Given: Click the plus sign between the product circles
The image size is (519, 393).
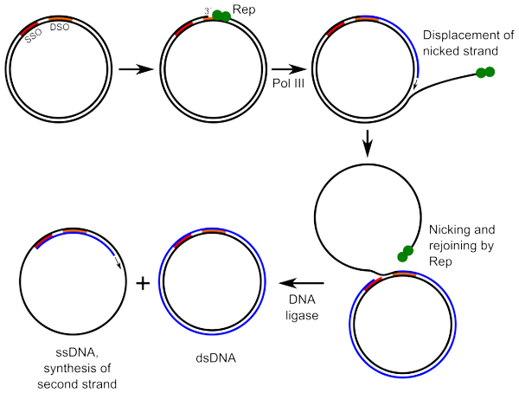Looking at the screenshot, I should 144,284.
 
